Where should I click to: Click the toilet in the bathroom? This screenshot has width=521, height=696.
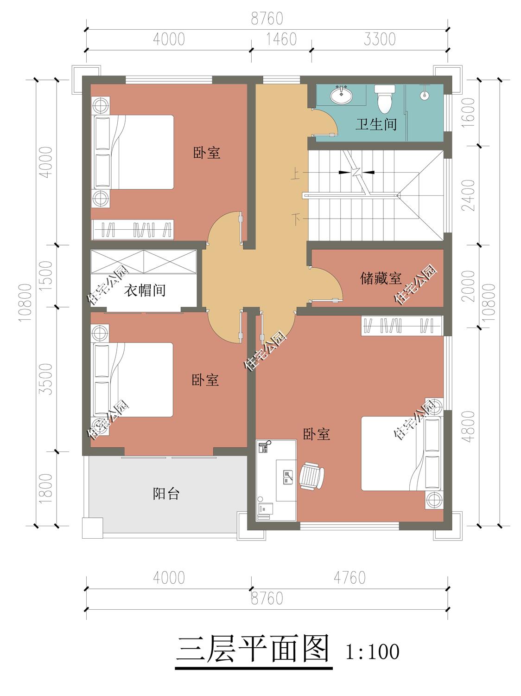coord(385,99)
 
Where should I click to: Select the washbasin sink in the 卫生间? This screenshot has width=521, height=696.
coord(341,95)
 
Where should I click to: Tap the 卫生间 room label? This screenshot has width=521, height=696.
coord(376,124)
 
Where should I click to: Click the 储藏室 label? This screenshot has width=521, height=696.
coord(381,278)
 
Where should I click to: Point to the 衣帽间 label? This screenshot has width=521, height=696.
coord(145,290)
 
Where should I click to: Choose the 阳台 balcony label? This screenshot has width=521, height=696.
coord(166,494)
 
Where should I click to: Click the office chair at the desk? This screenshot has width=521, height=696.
coord(311,476)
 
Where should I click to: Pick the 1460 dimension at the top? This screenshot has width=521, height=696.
coord(281,39)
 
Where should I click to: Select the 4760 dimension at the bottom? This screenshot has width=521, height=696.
coord(349,578)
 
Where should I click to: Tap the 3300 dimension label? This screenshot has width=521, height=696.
coord(380,39)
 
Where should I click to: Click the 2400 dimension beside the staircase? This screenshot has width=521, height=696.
coord(469,195)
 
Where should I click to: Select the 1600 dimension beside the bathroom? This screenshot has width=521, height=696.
coord(469,113)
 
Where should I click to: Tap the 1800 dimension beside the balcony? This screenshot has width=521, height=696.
coord(45,488)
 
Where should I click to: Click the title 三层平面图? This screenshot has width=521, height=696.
coord(254,649)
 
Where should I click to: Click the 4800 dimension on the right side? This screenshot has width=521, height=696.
coord(469,426)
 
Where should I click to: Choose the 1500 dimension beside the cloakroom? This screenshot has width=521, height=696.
coord(45,276)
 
